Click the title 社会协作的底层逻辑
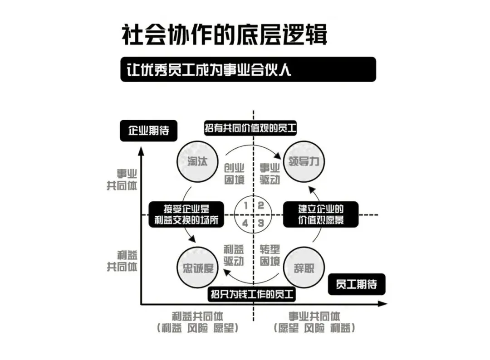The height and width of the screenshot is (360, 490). pos(224,35)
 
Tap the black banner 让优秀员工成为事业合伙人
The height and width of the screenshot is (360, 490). pos(248,69)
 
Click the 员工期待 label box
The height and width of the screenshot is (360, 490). pos(356,284)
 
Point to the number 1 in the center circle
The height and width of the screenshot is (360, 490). pos(245,205)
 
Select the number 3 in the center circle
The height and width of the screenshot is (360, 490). pos(261,223)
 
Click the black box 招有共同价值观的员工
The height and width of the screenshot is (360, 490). pos(250,128)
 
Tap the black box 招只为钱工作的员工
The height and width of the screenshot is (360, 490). pos(252,295)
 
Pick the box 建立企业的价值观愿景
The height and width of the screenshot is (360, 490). pos(321,214)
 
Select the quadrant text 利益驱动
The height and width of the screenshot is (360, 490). pos(234,255)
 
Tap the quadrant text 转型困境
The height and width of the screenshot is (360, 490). pos(269,255)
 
